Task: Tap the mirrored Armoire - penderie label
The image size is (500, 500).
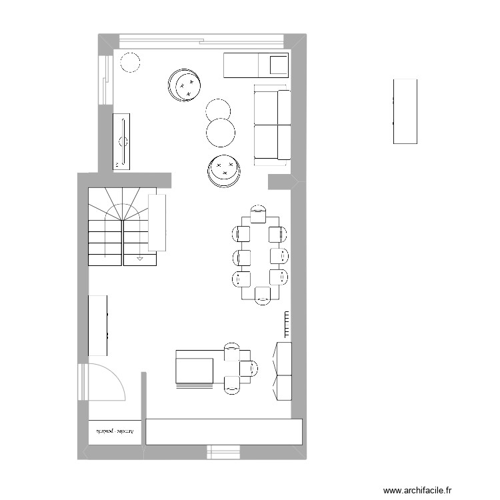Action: coord(115,432)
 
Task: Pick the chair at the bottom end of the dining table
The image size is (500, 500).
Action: coord(261,294)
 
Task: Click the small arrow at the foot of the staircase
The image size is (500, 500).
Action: coord(140,257)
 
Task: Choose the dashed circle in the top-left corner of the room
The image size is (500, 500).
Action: coord(129,62)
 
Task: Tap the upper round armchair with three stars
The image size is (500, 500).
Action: coord(185,85)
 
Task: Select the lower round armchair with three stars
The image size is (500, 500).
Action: coord(223,171)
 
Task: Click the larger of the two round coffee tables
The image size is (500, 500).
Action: coord(221,132)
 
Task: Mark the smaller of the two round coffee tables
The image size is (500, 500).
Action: coord(218,109)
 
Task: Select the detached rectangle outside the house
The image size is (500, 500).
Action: coord(405,111)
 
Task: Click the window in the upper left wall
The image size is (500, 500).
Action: coord(104,79)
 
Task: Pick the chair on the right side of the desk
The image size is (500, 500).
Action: coord(249,367)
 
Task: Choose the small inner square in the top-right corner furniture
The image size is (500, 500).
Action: coord(277,65)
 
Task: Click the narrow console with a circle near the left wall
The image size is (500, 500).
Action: coord(123,141)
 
